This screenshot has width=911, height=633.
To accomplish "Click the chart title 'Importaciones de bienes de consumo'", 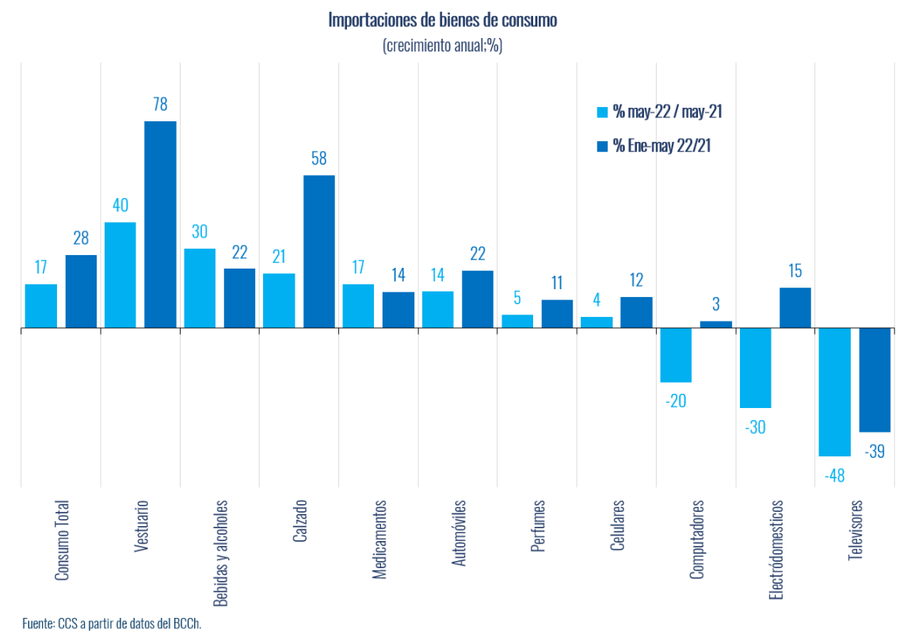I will coord(442,21).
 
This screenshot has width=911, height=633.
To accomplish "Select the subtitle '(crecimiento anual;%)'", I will coord(442,46).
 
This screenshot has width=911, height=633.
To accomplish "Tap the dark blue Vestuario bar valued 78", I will coord(160,224).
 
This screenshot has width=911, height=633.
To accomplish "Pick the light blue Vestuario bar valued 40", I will coord(120,275).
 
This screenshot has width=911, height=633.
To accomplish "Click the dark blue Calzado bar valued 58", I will coord(319,251).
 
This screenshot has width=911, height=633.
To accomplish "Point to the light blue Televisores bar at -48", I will coord(834,391).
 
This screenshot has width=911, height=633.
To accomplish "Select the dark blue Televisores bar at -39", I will coord(875,379).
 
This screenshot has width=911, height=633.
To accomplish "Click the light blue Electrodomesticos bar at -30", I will coord(755,368).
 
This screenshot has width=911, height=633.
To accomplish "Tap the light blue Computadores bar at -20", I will coord(676,355).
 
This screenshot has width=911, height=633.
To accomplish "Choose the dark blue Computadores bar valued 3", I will coord(716,324).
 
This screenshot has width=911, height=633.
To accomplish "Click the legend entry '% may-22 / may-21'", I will coord(658,112).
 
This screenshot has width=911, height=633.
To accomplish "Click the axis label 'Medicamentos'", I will coord(379,539).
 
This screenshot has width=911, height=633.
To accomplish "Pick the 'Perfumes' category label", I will coord(538,526).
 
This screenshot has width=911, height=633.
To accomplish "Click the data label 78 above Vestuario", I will coord(160,105).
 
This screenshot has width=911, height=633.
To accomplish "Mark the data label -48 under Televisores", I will coord(833,475).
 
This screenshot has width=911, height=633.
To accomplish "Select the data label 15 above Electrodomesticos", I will coord(795,271).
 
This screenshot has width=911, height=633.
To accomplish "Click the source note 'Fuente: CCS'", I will coord(112,623).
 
